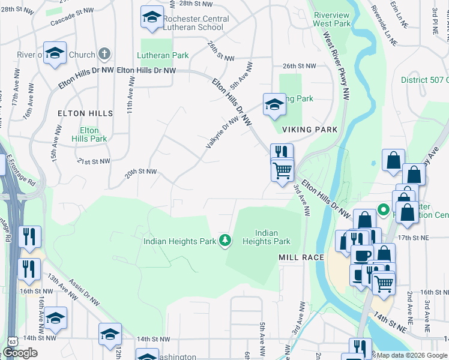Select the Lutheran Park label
[x=163, y=55]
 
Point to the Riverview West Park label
[x=331, y=19]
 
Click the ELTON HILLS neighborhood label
[x=85, y=113]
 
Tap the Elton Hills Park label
[x=89, y=134]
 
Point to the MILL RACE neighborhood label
[x=301, y=257]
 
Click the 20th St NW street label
[x=140, y=172]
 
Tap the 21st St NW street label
[x=94, y=161]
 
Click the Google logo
[x=20, y=353]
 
